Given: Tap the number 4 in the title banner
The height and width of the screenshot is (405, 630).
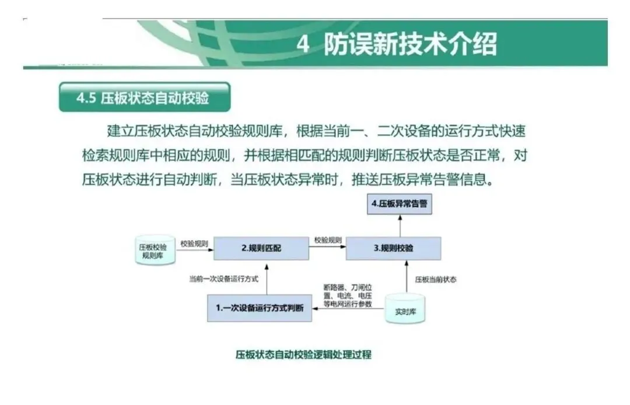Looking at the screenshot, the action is [303, 45].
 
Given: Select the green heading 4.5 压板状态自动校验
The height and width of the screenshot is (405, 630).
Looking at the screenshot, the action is [144, 97].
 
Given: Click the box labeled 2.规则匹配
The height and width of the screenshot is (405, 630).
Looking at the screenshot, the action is [261, 248].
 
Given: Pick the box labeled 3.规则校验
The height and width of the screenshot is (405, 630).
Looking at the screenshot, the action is [393, 248].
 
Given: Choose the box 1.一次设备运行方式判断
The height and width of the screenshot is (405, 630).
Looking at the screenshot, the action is [259, 308].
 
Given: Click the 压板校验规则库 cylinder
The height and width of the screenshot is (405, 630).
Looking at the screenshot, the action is [155, 251].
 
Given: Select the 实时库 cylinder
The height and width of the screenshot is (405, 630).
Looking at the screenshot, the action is [404, 310].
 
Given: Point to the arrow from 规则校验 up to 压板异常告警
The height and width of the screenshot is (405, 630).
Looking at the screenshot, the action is [401, 226].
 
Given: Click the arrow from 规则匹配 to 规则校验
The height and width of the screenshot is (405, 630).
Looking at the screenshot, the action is [327, 248].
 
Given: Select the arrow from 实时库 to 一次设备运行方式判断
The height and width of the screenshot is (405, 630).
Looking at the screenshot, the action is [348, 309].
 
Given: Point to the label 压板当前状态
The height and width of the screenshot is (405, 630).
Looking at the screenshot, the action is [436, 280].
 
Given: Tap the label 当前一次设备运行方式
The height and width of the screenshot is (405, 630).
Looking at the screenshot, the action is [223, 279].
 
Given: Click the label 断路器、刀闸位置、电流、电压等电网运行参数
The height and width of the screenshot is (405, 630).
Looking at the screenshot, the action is [348, 295].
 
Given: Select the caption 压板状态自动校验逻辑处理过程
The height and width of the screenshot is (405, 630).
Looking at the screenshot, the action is [303, 354].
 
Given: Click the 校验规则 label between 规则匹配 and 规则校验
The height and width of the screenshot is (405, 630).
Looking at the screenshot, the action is [328, 240].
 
